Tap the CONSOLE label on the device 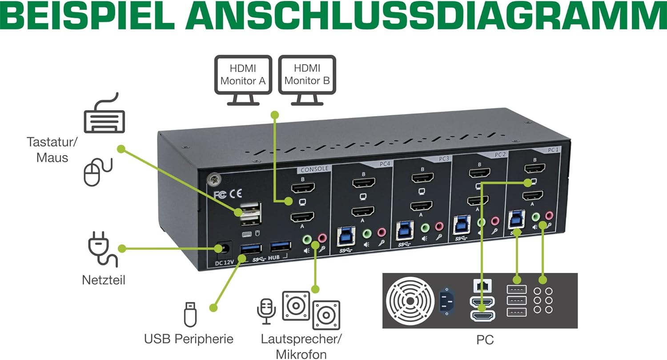(314, 169)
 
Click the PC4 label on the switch (385, 164)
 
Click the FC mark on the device (221, 194)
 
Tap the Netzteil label (104, 280)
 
